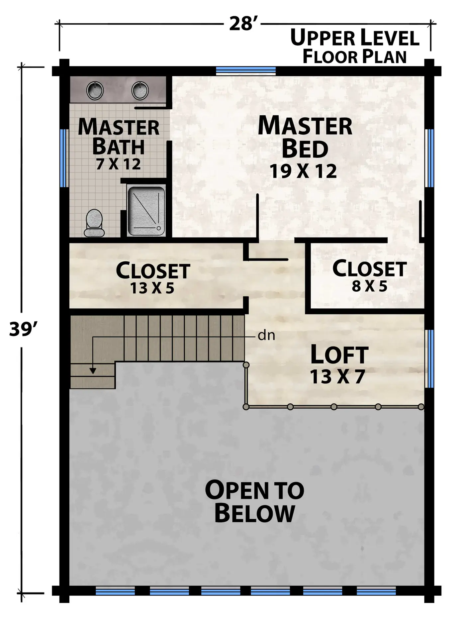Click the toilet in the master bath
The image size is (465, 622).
point(94,223)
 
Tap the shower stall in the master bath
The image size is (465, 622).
point(146,211)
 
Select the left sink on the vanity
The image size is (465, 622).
point(95,90)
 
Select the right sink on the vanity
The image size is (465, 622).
point(140,90)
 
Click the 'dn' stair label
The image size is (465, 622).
point(266,336)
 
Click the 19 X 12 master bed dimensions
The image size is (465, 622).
point(303,171)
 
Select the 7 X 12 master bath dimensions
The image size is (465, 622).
point(119,164)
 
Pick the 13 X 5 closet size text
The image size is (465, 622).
point(152,288)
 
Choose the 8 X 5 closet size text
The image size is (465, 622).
point(370,286)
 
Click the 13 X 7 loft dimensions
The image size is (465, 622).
point(338,377)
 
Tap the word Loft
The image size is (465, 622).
point(339,355)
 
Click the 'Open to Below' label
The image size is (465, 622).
point(255,501)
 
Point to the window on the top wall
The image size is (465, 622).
point(246,71)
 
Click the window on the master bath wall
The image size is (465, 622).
point(64,158)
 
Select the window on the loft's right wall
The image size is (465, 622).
point(429,359)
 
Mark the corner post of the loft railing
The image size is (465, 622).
point(246,407)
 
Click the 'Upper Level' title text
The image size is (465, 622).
point(355,38)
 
